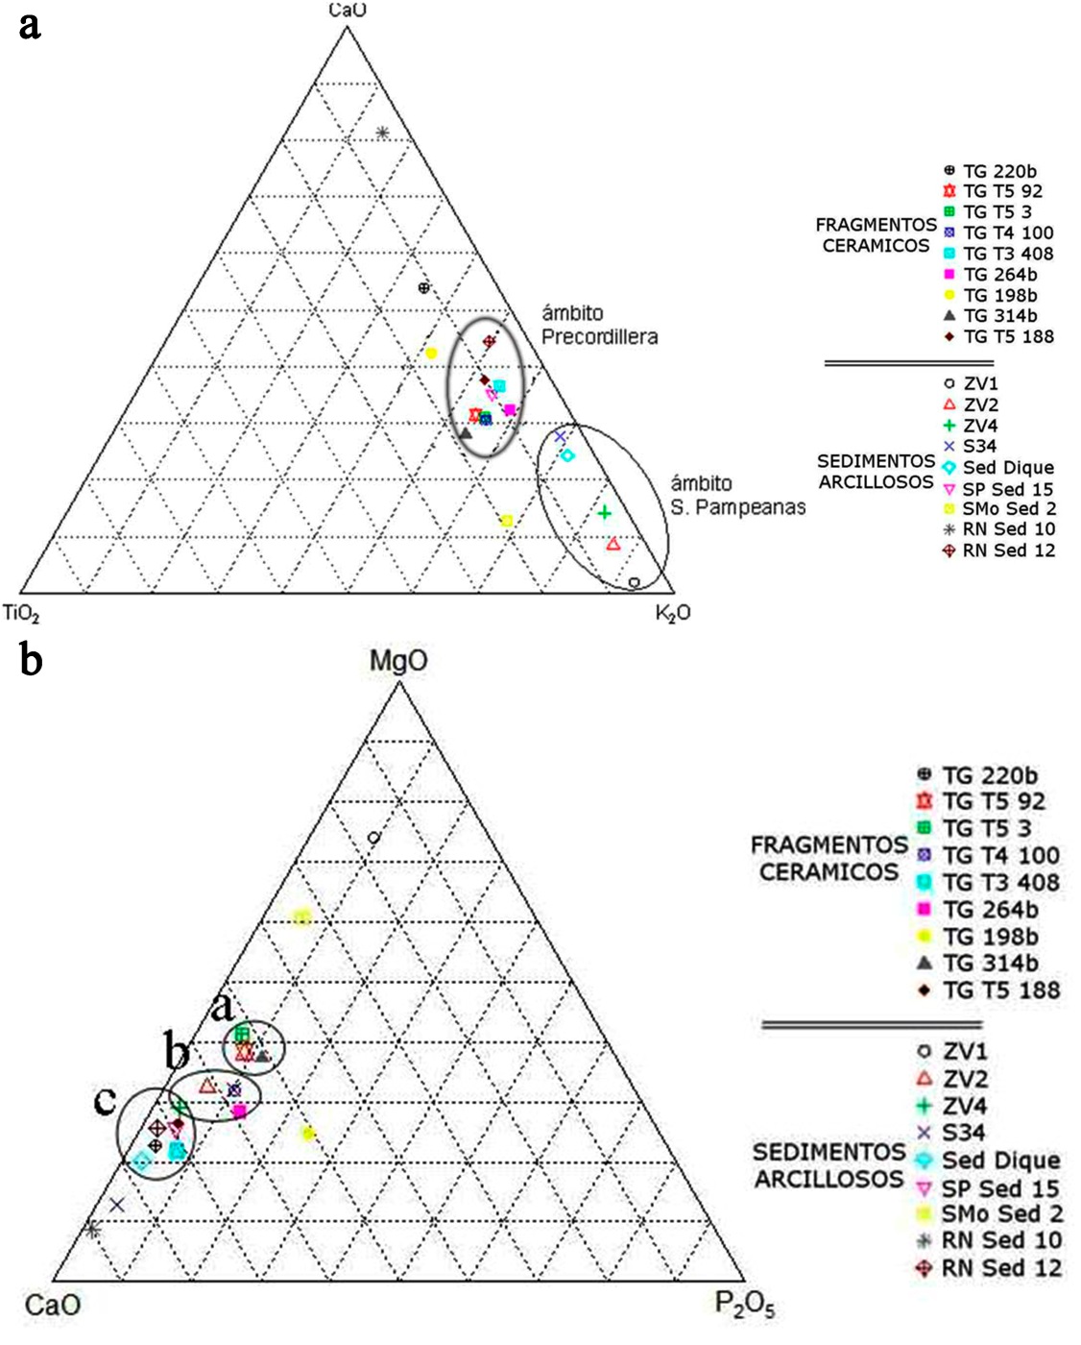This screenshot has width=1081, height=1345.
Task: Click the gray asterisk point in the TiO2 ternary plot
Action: (x=382, y=133)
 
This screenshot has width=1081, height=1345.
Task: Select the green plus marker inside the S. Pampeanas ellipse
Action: (x=605, y=513)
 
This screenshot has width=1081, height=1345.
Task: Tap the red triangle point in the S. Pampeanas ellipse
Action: (x=613, y=545)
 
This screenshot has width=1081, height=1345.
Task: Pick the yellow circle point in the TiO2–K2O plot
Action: (x=432, y=354)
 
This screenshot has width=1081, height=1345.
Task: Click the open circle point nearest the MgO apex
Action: (x=374, y=838)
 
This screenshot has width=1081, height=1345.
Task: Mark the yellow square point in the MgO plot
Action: (x=302, y=917)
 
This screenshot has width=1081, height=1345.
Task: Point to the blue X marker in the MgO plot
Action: (x=117, y=1205)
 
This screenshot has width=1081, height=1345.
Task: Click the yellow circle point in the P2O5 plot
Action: (x=308, y=1134)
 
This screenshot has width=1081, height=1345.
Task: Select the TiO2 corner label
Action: (x=21, y=612)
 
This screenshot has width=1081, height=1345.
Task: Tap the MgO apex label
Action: (x=398, y=661)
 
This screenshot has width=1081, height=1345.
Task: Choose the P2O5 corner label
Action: (x=745, y=1305)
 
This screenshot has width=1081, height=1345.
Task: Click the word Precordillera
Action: (x=599, y=336)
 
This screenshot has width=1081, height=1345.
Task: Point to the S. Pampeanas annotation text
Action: (x=737, y=506)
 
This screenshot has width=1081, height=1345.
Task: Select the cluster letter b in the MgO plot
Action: (x=177, y=1053)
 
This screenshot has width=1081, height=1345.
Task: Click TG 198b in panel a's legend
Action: (x=999, y=295)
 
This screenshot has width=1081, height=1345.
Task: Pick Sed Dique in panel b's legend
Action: (x=1000, y=1161)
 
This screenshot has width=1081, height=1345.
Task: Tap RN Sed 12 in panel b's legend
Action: (x=1001, y=1268)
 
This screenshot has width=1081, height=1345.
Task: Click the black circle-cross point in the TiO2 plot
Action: (x=424, y=287)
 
